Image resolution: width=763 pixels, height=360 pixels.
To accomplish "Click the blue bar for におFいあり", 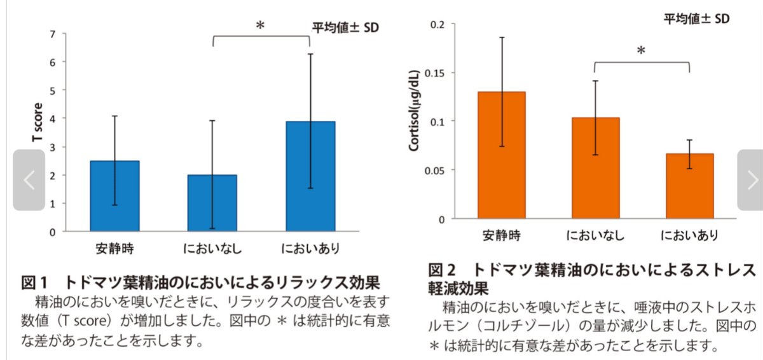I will point(310,176).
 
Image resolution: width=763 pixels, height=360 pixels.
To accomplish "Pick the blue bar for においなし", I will point(212,203).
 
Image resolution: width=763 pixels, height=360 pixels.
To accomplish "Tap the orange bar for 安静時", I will point(501,155).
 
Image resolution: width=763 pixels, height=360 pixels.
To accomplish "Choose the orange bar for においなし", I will point(595,168).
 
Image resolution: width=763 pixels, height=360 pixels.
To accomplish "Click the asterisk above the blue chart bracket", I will point(260,26).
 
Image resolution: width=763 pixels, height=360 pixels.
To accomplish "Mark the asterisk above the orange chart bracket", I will point(641,51).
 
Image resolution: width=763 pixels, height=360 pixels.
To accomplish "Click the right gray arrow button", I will point(750,180).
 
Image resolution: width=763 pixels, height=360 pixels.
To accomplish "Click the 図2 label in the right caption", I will point(443,270).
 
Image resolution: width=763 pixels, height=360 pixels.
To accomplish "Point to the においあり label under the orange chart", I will point(689,236).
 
